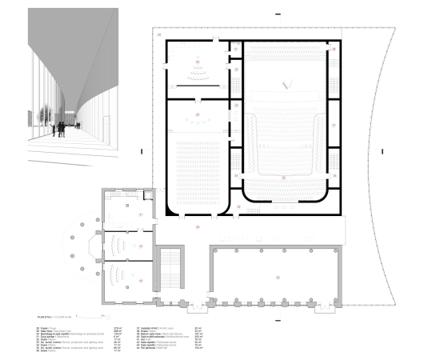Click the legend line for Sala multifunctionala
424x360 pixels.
[164, 338]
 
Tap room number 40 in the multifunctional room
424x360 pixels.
[278, 277]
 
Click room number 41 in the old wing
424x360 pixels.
[141, 215]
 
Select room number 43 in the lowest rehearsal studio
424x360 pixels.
[141, 282]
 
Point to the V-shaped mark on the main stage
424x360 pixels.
[286, 82]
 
